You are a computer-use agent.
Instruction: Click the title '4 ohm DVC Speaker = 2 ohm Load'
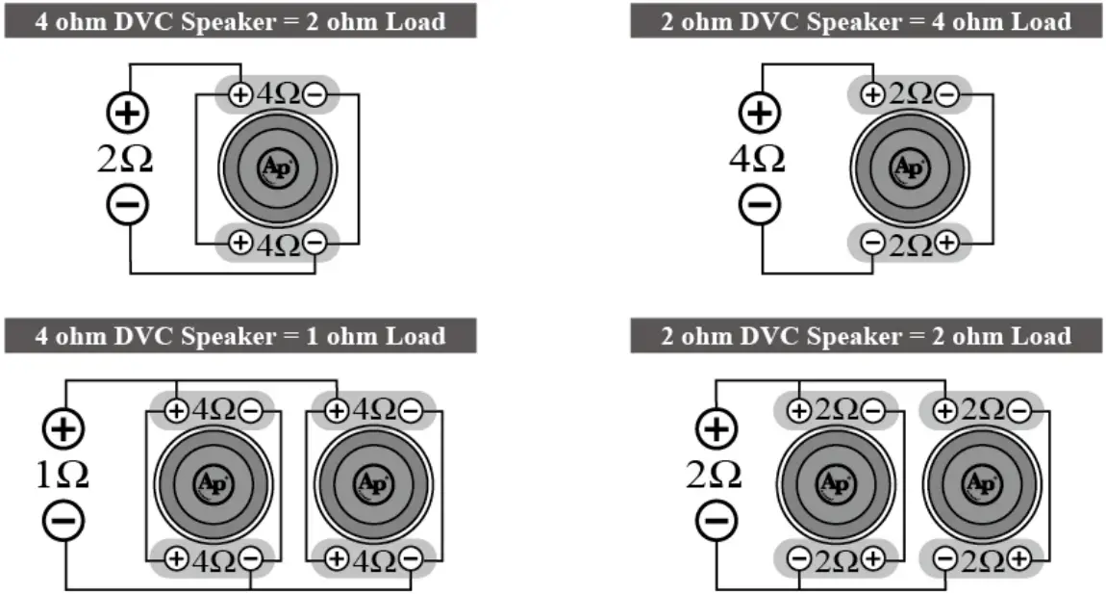tap(240, 21)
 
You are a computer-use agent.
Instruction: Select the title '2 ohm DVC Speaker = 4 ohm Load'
tap(866, 21)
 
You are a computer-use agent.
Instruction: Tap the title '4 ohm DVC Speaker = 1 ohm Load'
tap(240, 336)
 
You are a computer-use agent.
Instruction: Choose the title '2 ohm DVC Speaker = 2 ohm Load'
tap(866, 336)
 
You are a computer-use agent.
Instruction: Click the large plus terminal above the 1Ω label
tap(63, 429)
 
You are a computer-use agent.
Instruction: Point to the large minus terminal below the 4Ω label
tap(759, 204)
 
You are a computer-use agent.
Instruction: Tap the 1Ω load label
tap(62, 475)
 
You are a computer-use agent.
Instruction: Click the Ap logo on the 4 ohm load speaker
tap(908, 168)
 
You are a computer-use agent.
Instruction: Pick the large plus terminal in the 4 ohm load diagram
tap(759, 113)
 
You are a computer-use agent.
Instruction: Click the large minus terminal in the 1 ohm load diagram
tap(63, 521)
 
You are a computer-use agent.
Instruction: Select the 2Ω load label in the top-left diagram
tap(125, 160)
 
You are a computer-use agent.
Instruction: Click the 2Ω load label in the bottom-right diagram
tap(714, 475)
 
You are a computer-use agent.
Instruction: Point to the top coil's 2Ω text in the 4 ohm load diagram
tap(909, 94)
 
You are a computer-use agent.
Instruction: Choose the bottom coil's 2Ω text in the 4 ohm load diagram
tap(909, 245)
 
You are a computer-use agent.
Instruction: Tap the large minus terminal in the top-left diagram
tap(126, 205)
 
